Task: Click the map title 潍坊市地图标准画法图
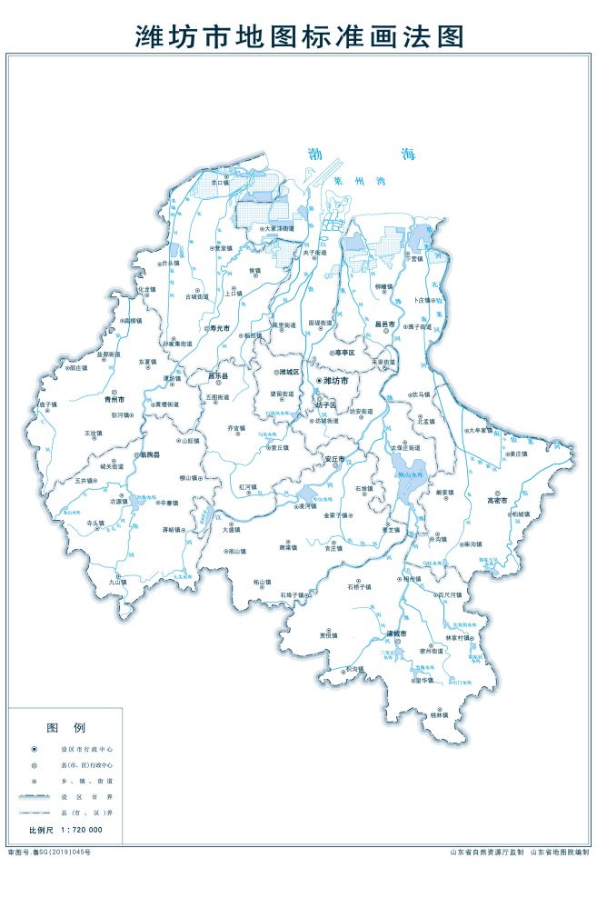coord(299,35)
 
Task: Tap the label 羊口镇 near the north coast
coord(219,182)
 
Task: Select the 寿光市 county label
coord(217,328)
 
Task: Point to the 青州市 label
coord(114,398)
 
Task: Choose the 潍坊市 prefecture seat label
coord(336,381)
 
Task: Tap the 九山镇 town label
coord(117,581)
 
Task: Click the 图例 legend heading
coord(65,728)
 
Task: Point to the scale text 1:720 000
coord(82,830)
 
